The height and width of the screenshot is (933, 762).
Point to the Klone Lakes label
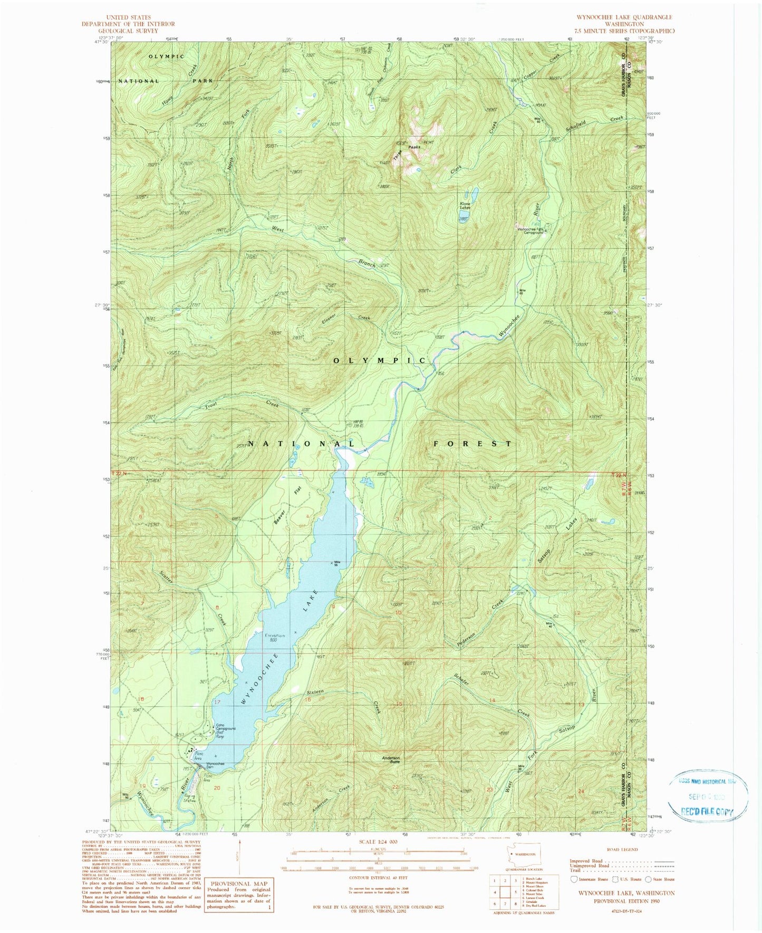(465, 205)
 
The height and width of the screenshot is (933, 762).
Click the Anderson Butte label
(391, 761)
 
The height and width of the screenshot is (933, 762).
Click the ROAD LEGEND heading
(622, 850)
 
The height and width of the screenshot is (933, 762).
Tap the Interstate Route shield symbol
(574, 879)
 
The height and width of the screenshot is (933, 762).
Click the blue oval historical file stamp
(708, 796)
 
